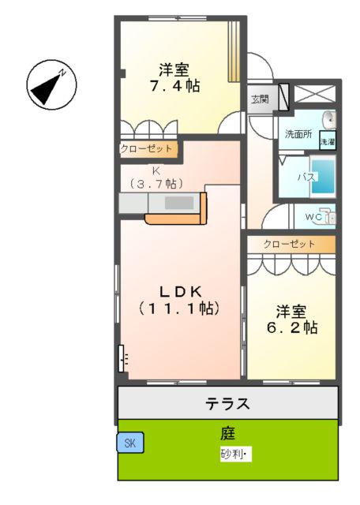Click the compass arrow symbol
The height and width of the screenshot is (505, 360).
(x=49, y=86)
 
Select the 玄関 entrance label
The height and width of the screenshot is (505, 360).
(x=260, y=99)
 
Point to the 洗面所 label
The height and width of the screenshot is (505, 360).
(x=299, y=134)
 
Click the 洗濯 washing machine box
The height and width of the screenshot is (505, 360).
(x=328, y=142)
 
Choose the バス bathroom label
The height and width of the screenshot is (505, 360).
(x=306, y=178)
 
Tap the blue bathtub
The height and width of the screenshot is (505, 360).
(x=325, y=179)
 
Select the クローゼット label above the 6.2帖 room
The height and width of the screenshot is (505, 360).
(x=290, y=244)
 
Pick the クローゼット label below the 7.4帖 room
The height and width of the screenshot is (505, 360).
(x=147, y=148)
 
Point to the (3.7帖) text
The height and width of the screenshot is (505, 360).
(x=156, y=183)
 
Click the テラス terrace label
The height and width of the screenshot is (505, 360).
(x=227, y=405)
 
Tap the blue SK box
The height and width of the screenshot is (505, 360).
(x=129, y=444)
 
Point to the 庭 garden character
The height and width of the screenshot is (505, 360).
(x=227, y=433)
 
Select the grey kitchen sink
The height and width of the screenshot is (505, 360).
(x=179, y=203)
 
